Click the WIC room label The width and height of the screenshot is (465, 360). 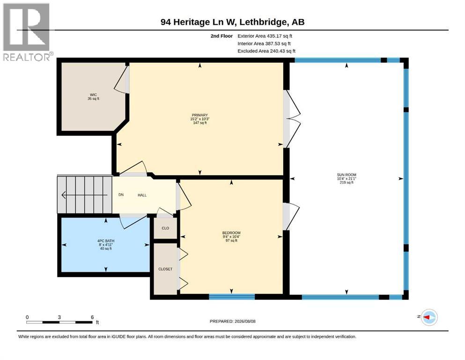coord(93,95)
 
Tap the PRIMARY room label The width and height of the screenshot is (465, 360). coord(199,115)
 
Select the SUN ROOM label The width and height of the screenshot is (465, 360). coord(347,175)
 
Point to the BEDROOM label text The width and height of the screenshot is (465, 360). coord(231,233)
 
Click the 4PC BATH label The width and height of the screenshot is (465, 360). coord(106,241)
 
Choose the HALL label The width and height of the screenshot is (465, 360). coord(142,195)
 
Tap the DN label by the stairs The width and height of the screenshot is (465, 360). coord(121,195)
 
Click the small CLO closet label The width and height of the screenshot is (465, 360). coord(165,228)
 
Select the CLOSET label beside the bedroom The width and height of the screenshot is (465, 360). coord(165,269)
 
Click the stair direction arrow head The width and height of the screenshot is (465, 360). coord(64,195)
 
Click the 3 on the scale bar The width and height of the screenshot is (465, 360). coord(59,317)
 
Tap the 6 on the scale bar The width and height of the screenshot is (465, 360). coord(92,317)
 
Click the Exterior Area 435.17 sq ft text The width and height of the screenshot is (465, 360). coord(265,36)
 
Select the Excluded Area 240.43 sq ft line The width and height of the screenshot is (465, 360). coord(266,51)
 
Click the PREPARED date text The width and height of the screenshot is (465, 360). coord(232,321)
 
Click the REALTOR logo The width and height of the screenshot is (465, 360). coord(26,32)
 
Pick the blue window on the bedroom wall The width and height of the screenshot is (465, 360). coord(232,297)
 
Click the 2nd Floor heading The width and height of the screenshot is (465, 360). coord(221,36)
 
